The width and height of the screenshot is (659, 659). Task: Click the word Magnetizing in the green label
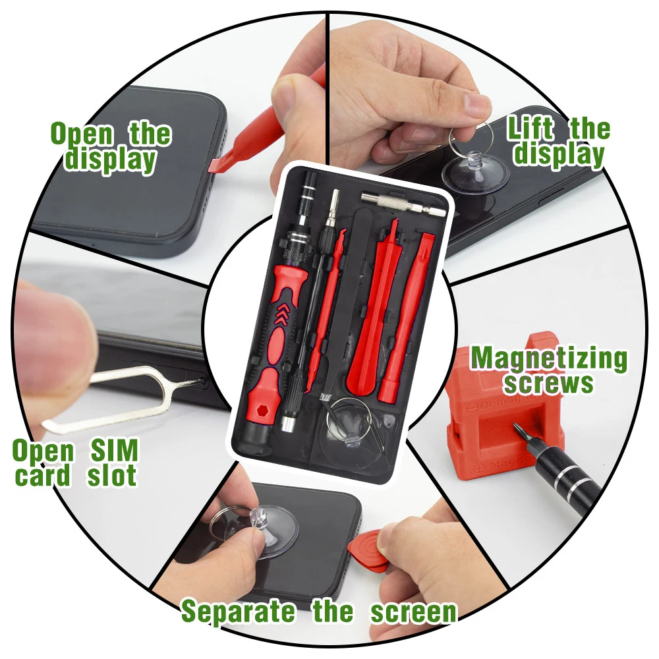pos(549,359)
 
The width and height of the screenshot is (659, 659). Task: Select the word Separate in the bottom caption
pos(238,612)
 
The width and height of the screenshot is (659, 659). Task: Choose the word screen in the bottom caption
pos(413,612)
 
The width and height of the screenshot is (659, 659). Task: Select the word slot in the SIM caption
pos(112,475)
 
